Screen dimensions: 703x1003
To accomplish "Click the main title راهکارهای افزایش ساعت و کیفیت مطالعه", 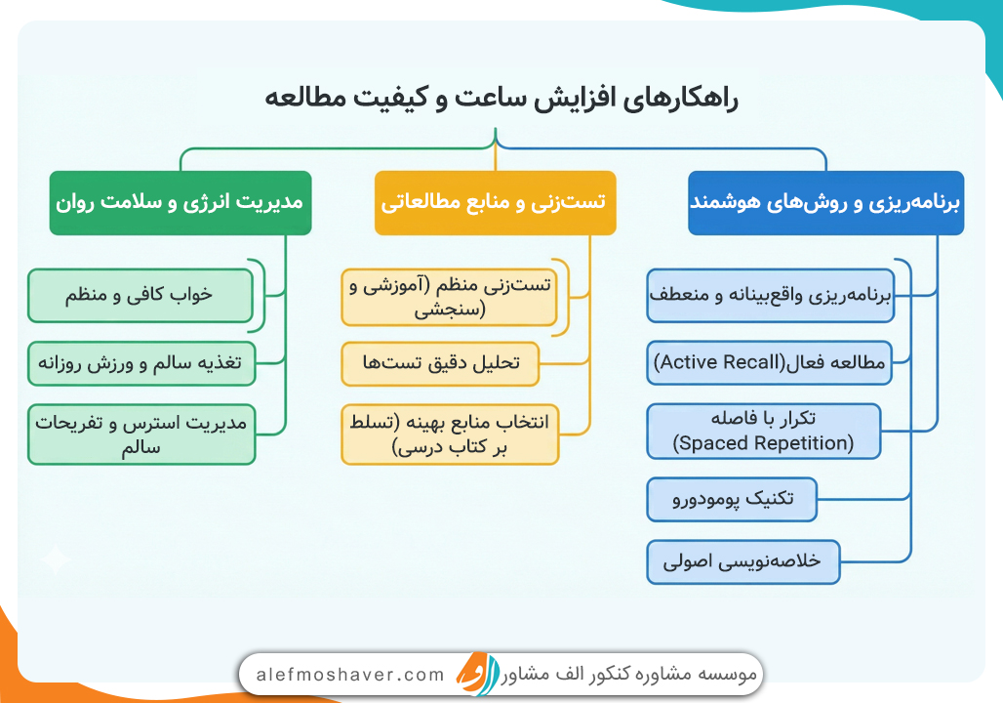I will click(501, 100).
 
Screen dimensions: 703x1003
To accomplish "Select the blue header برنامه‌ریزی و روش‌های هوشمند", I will click(825, 203).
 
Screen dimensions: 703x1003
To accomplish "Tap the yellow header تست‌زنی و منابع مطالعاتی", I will click(495, 203).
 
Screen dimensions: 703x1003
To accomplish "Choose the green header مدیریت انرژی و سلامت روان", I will click(181, 203).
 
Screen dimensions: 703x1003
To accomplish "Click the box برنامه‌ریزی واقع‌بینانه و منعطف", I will click(770, 296).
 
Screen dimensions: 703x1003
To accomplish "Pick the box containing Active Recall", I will click(770, 362).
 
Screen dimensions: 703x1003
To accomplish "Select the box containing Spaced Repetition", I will click(764, 431).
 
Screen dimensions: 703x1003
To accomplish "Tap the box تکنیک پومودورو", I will click(732, 499).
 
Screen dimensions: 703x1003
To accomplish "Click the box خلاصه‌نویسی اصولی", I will click(742, 562).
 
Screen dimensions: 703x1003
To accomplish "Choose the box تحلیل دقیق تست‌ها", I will click(449, 363).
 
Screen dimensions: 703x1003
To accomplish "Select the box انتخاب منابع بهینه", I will click(450, 434).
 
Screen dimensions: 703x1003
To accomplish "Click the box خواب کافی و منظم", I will click(140, 295).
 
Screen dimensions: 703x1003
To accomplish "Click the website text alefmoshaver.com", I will click(350, 675).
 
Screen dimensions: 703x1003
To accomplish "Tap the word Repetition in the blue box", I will click(799, 443).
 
